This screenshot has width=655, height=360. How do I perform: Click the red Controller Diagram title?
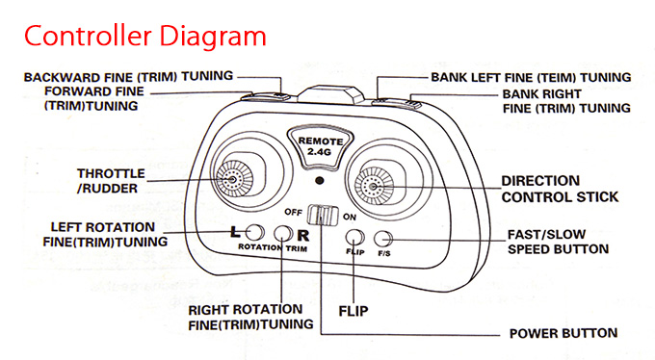point(144,37)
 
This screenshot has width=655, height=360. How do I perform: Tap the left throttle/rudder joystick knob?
point(234,179)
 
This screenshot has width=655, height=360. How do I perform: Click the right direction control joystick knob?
point(374,186)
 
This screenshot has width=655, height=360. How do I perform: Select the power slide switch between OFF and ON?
point(323,215)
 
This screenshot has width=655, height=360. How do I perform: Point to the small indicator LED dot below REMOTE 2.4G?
point(320,181)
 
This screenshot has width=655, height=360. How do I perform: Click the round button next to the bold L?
point(254,232)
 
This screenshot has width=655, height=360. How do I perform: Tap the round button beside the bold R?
point(283,234)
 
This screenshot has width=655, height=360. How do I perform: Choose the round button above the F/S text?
point(382,239)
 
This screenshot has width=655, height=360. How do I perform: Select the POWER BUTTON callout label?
point(563,333)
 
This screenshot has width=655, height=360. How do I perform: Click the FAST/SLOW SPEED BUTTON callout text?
point(558,242)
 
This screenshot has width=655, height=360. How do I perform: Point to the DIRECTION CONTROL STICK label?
point(560,189)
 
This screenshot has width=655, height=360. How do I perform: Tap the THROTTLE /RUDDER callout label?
point(111,181)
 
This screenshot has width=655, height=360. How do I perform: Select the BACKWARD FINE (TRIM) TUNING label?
point(128,77)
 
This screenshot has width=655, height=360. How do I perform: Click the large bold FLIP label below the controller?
point(354,311)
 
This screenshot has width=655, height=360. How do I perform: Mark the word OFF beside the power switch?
point(293,212)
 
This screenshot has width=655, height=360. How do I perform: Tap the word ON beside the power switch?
point(350,218)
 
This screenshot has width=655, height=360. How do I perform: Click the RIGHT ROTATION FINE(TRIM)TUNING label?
point(250,317)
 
